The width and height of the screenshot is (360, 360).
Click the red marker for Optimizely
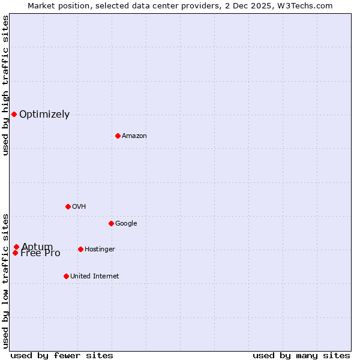(14, 114)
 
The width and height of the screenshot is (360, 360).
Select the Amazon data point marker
(118, 136)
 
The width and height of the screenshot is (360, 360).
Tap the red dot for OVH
(68, 206)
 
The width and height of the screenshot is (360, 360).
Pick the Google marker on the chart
(111, 223)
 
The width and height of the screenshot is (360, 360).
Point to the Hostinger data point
(80, 249)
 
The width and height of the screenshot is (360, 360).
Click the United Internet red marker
(66, 276)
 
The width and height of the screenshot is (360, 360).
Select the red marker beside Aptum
(16, 247)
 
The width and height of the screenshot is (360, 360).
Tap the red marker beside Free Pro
(15, 253)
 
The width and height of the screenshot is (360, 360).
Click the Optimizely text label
(44, 115)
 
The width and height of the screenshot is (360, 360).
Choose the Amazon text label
(134, 136)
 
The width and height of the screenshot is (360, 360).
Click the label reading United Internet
(94, 277)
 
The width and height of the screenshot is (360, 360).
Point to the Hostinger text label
(100, 250)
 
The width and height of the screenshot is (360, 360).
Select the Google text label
(126, 224)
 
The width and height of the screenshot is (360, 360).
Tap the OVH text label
(79, 207)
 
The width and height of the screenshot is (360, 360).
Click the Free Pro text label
(40, 254)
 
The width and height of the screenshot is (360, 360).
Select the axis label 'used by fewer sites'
(62, 355)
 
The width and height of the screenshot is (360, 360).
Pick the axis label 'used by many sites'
(301, 355)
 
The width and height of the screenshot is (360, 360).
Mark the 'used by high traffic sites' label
(6, 85)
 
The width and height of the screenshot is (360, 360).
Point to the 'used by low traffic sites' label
(6, 280)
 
